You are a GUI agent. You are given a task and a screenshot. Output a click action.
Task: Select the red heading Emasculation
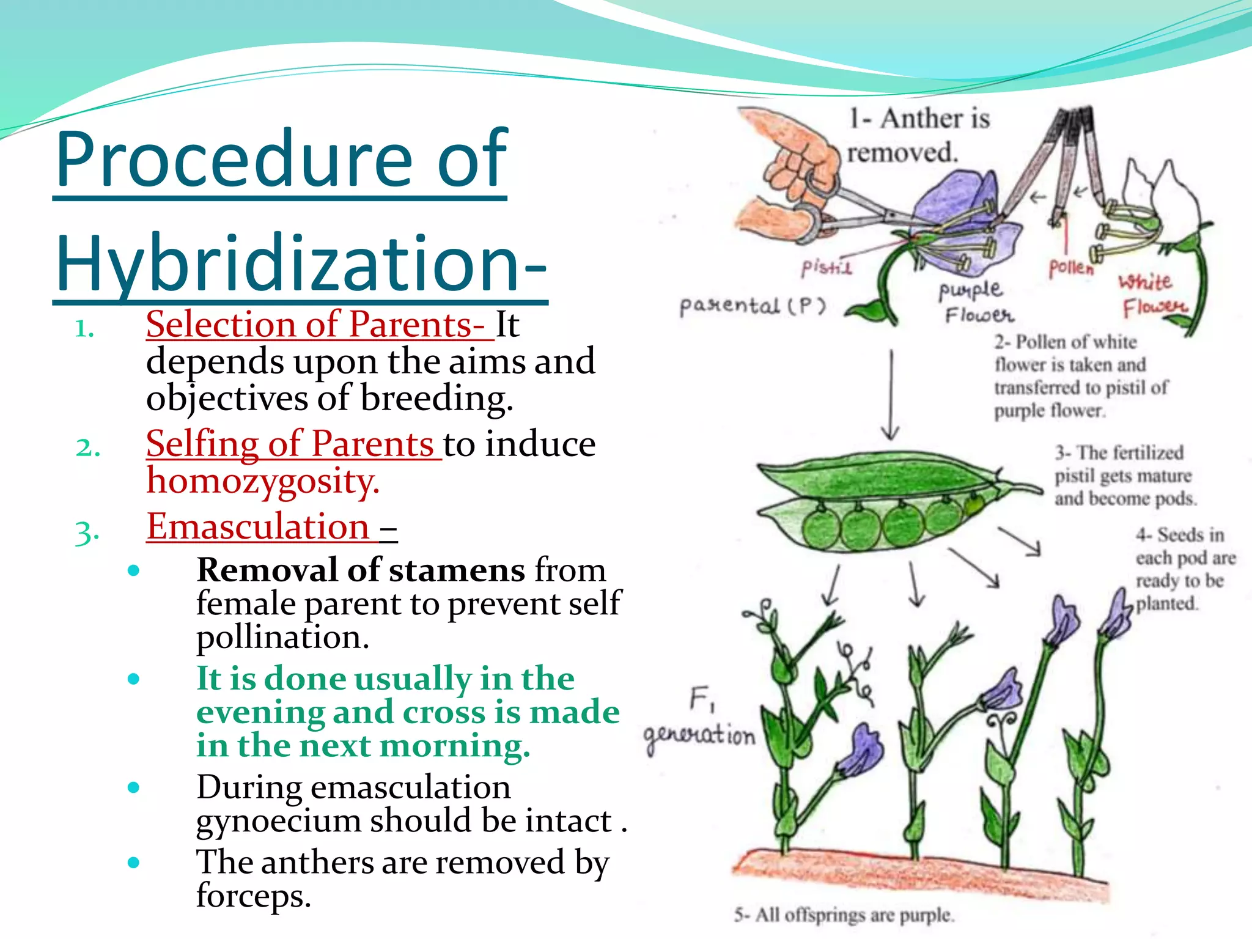[x=258, y=527]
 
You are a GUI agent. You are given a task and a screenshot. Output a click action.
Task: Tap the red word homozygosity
[x=263, y=481]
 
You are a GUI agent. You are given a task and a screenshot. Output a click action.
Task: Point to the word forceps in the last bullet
[x=254, y=896]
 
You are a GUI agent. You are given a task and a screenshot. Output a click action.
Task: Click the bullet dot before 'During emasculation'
[x=134, y=787]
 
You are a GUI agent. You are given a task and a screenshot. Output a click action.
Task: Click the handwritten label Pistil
[x=826, y=267]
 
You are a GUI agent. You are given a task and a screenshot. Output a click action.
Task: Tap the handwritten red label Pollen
[x=1070, y=268]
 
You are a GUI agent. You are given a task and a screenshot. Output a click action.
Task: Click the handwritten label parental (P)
[x=753, y=305]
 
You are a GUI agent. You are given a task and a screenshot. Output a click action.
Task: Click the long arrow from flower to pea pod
[x=891, y=394]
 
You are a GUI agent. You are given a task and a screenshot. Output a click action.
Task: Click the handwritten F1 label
[x=701, y=699]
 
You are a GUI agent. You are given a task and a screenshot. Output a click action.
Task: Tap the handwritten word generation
[x=699, y=735]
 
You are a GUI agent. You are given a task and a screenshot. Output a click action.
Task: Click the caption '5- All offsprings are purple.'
[x=844, y=915]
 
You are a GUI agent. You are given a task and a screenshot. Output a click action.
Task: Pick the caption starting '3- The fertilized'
[x=1124, y=476]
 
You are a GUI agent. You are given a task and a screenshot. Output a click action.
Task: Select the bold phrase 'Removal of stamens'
[x=361, y=570]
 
